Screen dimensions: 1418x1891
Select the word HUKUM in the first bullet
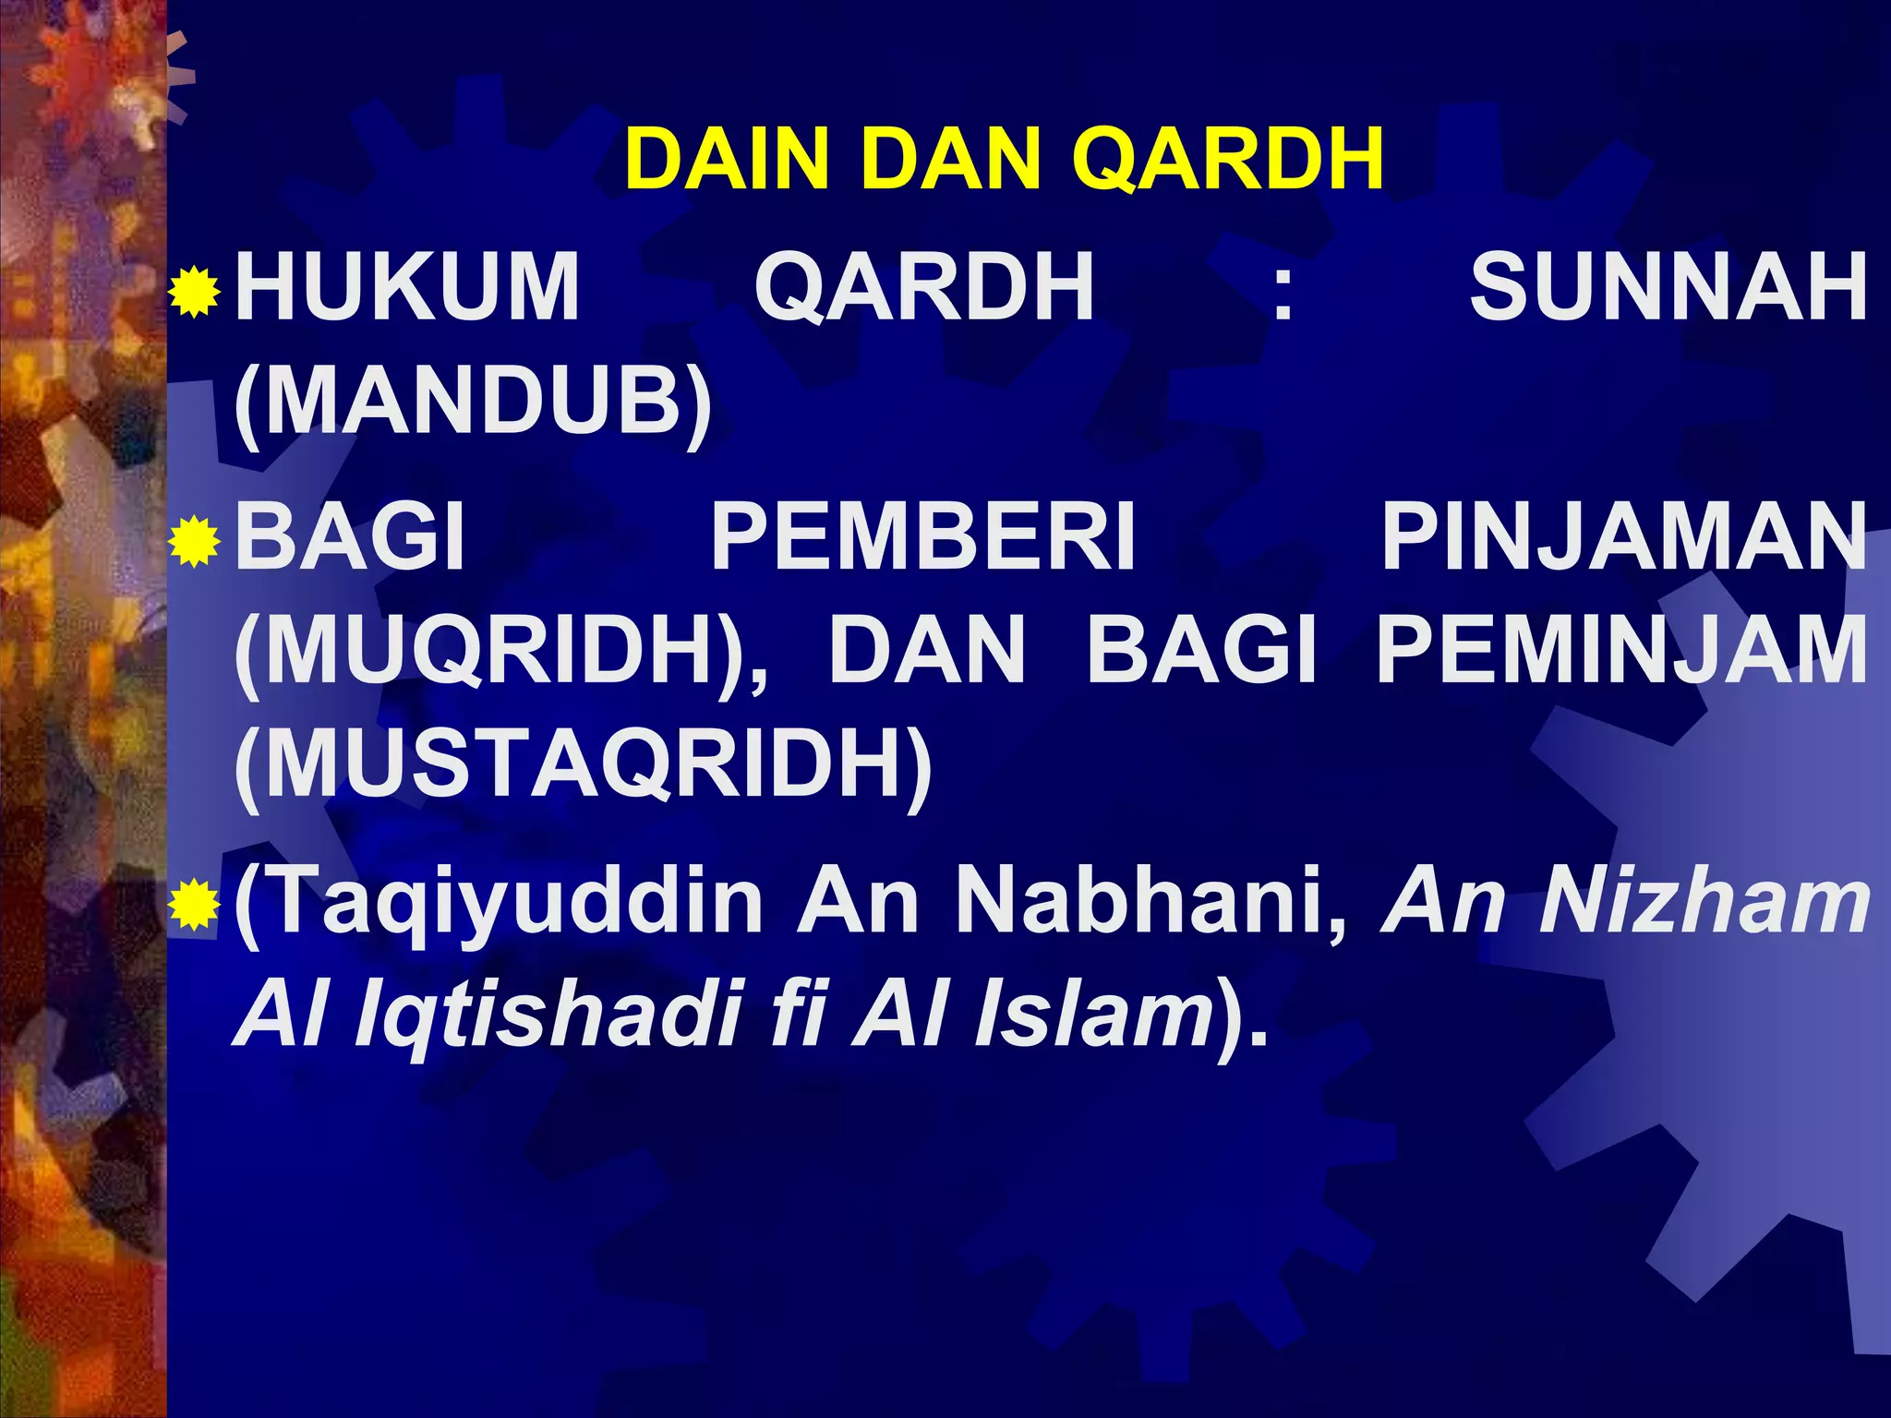[407, 287]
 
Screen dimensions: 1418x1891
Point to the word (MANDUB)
[473, 403]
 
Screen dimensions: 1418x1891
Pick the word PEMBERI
[922, 537]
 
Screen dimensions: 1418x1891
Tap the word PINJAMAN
[1624, 537]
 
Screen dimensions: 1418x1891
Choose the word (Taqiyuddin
[499, 903]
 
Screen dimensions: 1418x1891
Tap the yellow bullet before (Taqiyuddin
[195, 905]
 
